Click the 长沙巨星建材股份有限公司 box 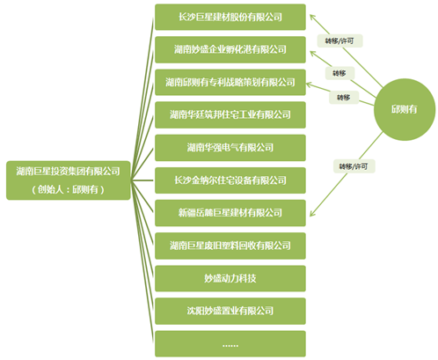(x=230, y=17)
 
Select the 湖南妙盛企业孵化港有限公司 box (x=230, y=49)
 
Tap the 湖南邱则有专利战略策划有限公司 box (x=230, y=83)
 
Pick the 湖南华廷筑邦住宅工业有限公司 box (x=230, y=115)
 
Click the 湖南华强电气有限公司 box (x=230, y=148)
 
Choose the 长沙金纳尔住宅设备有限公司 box (x=230, y=180)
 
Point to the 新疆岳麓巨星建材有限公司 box (x=230, y=213)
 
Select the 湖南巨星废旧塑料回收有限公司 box (x=230, y=246)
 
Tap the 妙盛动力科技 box (x=230, y=278)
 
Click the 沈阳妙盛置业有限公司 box (x=230, y=311)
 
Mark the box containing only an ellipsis (x=230, y=344)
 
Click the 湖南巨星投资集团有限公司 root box (x=69, y=180)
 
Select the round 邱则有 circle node (x=405, y=109)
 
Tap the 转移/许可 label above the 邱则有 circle (x=339, y=41)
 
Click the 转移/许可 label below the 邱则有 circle (x=354, y=166)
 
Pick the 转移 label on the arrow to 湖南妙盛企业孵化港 (x=339, y=73)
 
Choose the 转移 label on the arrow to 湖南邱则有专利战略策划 (x=344, y=98)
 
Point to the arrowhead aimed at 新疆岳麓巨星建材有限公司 (x=312, y=213)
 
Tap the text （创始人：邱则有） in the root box (x=69, y=189)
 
